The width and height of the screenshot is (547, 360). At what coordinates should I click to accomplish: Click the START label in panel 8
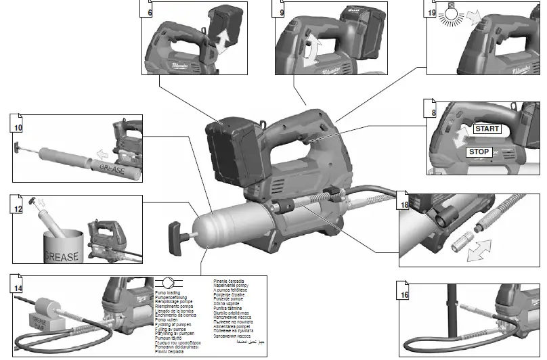(x=487, y=128)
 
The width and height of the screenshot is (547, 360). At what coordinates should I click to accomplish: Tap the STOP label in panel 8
(x=481, y=152)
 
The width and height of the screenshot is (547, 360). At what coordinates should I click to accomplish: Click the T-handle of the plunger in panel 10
(x=18, y=145)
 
